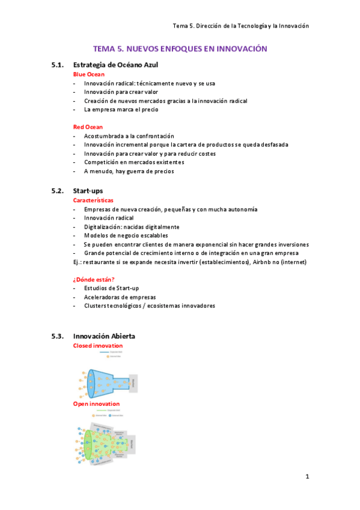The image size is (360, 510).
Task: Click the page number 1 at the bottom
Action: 307,477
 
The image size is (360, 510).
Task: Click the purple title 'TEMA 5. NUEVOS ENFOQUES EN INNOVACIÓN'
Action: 180,49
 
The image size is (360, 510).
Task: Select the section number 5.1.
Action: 58,64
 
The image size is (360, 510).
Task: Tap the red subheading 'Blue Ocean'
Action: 88,74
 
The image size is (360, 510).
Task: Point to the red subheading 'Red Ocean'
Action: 88,127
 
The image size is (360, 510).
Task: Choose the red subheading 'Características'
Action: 93,200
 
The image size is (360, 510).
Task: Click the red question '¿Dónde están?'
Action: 94,279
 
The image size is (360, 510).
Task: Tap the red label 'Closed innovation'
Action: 97,346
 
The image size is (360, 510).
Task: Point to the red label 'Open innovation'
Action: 96,404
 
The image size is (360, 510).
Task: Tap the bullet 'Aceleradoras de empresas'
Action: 120,297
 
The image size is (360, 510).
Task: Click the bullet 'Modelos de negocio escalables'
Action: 126,236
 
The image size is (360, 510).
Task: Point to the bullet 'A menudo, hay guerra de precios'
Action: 129,171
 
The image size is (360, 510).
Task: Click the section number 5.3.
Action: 58,336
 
